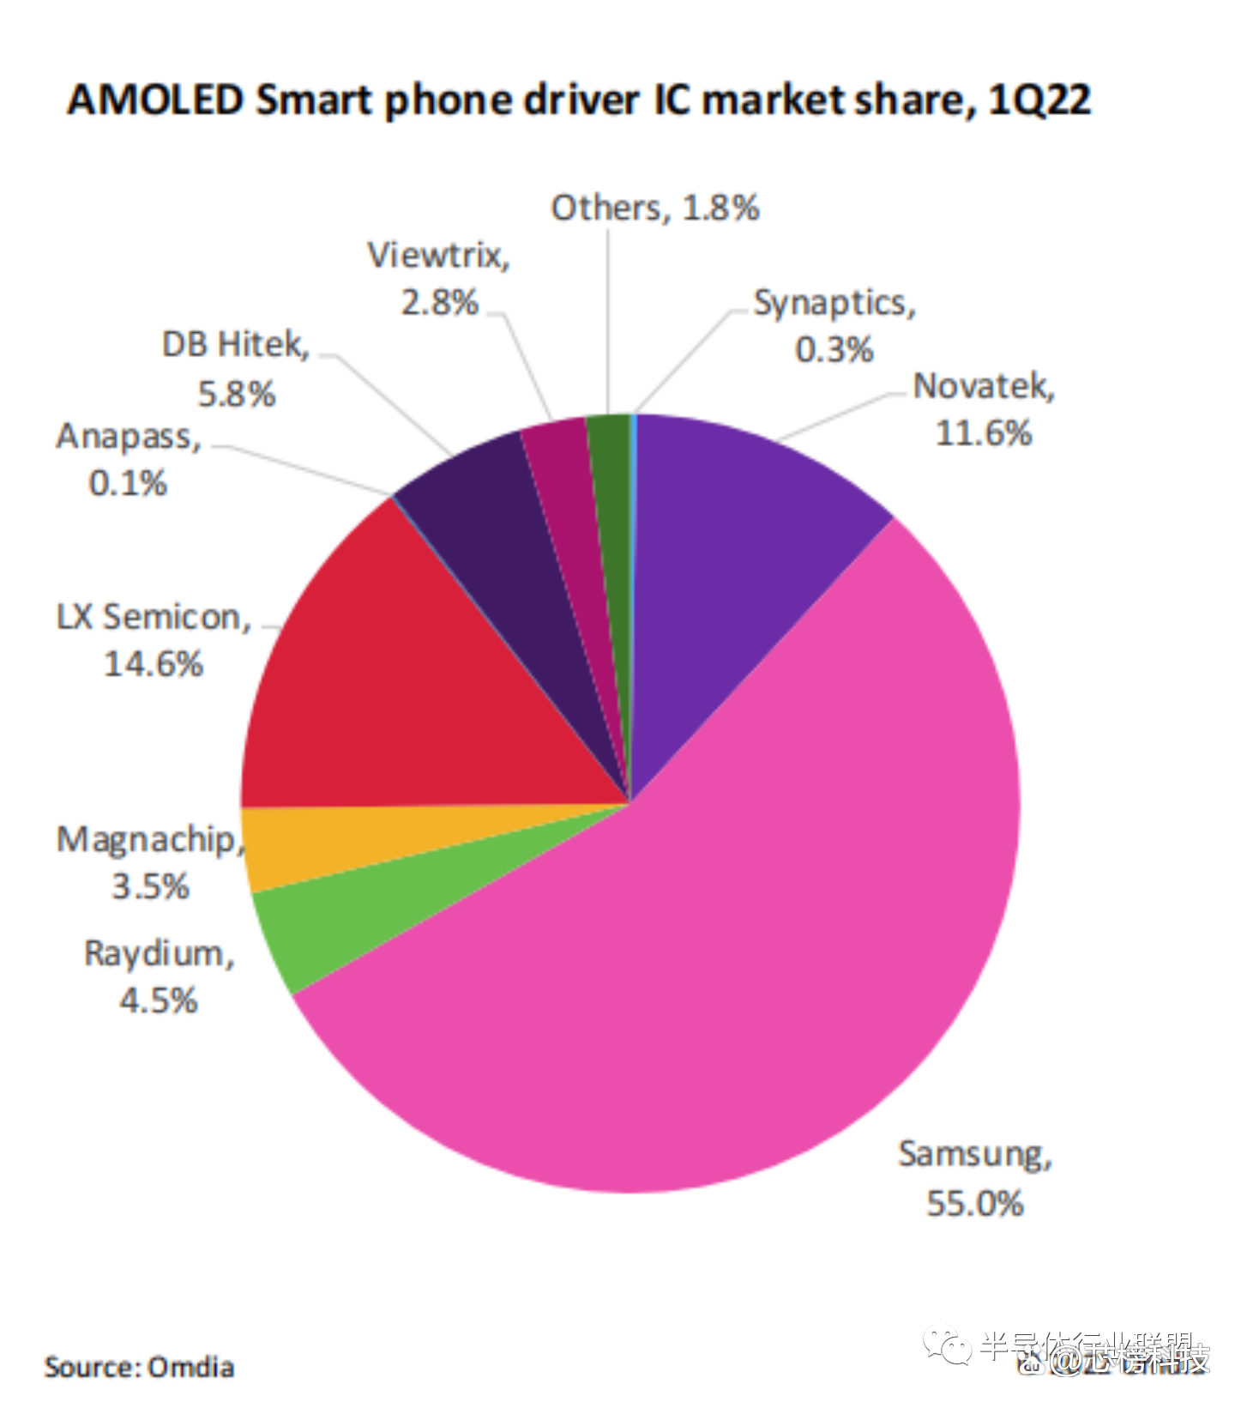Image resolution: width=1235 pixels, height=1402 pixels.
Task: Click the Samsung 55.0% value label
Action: [x=975, y=1203]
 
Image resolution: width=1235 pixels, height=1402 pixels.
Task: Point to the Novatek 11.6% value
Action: [x=984, y=433]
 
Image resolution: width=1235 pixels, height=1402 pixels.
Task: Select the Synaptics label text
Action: [x=834, y=304]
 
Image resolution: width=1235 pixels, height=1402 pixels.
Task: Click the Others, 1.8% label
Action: [x=654, y=208]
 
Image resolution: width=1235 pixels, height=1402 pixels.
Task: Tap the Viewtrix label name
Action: [x=438, y=256]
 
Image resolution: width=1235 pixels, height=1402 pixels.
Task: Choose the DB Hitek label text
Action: [x=235, y=345]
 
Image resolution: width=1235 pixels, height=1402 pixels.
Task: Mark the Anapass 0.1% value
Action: [x=128, y=483]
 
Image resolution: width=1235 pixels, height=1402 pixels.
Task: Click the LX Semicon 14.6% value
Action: [x=154, y=664]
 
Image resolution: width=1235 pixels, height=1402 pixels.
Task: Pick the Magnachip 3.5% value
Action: [x=150, y=886]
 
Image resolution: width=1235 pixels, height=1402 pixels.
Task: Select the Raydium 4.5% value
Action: [x=159, y=1000]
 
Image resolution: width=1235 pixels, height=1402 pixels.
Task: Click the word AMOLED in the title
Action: [x=155, y=100]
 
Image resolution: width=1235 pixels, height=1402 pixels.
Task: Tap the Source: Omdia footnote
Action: [x=139, y=1367]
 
